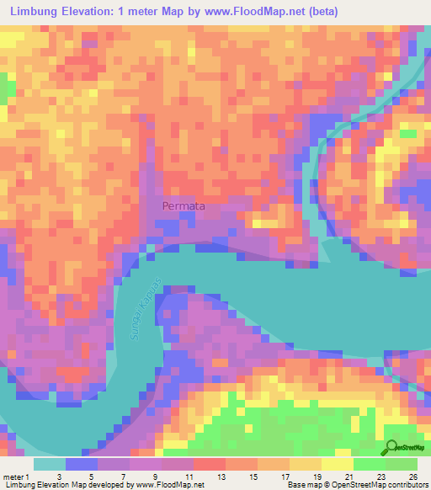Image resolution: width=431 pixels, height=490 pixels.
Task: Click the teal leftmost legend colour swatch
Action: pyautogui.click(x=50, y=464)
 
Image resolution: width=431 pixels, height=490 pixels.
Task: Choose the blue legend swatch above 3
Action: pyautogui.click(x=82, y=464)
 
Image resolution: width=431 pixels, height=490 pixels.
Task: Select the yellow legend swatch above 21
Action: pyautogui.click(x=338, y=464)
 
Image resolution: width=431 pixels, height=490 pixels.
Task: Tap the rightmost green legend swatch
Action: pyautogui.click(x=402, y=464)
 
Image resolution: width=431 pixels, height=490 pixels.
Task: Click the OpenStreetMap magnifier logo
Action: pyautogui.click(x=391, y=447)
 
